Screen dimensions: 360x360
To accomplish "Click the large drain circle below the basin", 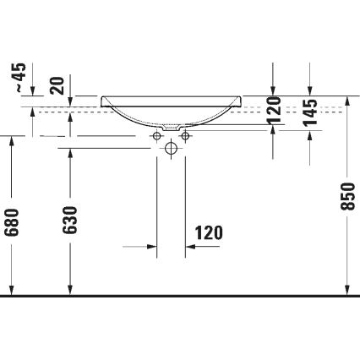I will (x=172, y=148).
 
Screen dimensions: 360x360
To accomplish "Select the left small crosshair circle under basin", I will (x=157, y=135).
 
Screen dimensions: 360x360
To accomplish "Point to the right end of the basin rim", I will (x=240, y=99).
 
